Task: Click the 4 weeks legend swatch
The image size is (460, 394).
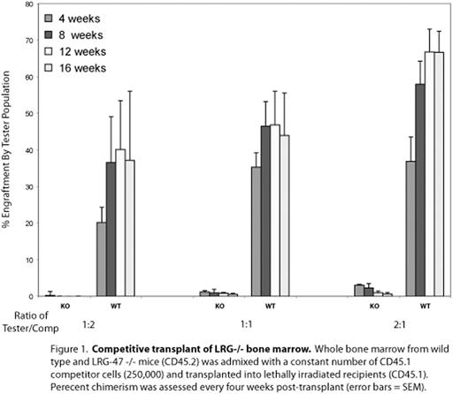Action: click(x=50, y=19)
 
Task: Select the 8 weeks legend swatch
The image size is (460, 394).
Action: click(x=50, y=35)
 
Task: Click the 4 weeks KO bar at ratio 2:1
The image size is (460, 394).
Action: click(x=358, y=291)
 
